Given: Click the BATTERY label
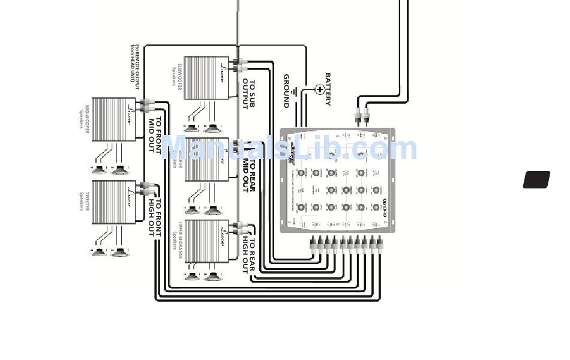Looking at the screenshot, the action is tap(328, 89).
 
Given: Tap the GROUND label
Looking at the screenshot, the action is tap(287, 91).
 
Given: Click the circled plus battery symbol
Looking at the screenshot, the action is tap(319, 89).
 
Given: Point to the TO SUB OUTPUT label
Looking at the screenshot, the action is tap(248, 94).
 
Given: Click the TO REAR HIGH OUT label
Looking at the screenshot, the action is tap(248, 255).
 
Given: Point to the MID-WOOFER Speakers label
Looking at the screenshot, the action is tap(83, 120).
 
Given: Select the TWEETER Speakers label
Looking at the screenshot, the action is tap(83, 202).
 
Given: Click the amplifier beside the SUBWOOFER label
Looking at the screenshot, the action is tap(207, 77).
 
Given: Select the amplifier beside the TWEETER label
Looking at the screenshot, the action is tap(115, 202).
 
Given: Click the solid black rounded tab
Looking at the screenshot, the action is tap(536, 180).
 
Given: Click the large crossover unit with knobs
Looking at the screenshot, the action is tap(338, 180).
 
